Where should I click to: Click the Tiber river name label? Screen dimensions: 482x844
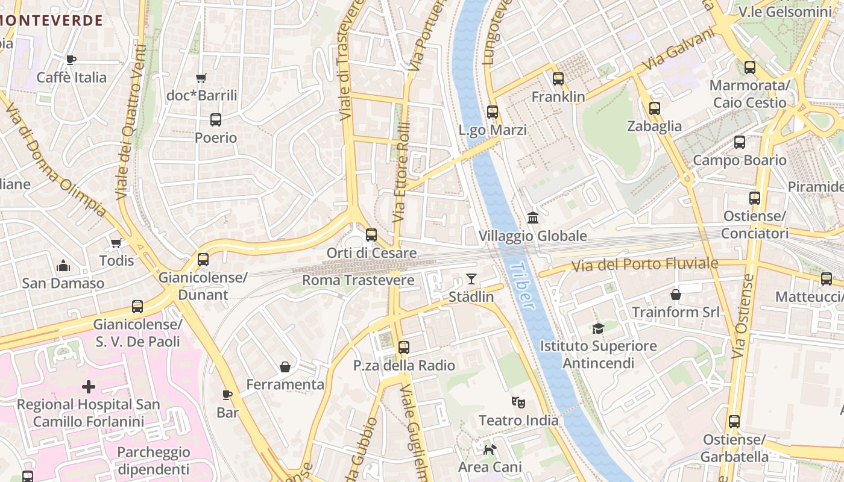(522, 285)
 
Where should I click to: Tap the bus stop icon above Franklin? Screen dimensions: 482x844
(558, 78)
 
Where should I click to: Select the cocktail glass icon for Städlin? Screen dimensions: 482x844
(471, 279)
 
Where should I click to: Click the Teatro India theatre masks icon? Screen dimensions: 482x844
(517, 402)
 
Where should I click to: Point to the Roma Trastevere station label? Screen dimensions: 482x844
(358, 280)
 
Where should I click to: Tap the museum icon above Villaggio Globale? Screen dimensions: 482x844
(532, 218)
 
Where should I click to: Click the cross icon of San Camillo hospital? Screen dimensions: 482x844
(89, 386)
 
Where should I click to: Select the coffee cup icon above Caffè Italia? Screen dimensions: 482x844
(71, 60)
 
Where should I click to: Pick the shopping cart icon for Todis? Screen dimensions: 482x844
(116, 243)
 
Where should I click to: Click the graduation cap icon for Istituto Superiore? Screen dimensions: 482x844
(598, 328)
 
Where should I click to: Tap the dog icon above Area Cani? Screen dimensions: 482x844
(490, 449)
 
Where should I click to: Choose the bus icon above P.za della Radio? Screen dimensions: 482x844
(403, 348)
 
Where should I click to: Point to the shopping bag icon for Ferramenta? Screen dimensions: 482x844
(285, 367)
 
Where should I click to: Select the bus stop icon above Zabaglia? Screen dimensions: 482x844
(654, 108)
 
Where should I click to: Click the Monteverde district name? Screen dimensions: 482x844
(51, 20)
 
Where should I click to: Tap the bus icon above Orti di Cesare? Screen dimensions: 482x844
(371, 235)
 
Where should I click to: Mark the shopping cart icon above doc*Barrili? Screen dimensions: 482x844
(201, 78)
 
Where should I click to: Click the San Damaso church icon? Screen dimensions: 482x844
(63, 266)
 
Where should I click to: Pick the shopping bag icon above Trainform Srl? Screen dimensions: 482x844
(675, 295)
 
